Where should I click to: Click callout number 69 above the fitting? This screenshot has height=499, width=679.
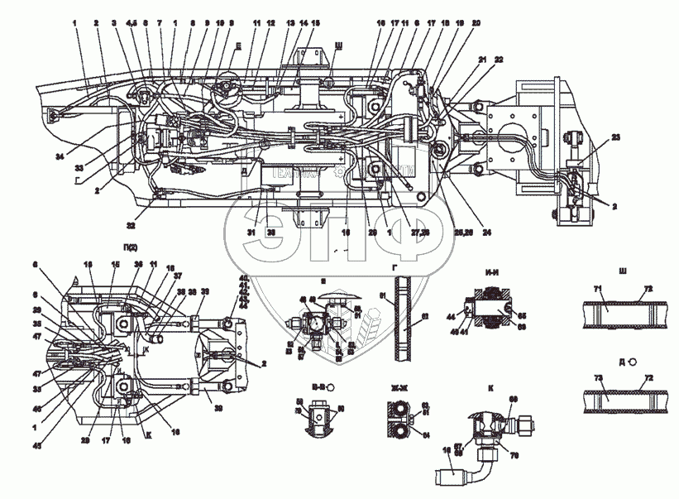click(x=512, y=399)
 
